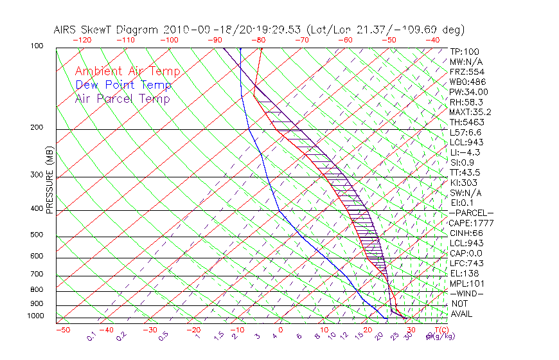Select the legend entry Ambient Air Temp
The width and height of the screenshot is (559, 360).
(x=127, y=71)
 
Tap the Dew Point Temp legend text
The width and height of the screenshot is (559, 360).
(x=123, y=85)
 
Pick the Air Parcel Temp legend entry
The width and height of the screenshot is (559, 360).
(x=122, y=98)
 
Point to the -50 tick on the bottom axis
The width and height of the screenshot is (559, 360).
(x=62, y=330)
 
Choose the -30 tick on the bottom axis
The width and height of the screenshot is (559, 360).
(x=150, y=330)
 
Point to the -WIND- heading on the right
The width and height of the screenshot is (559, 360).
(x=466, y=293)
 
